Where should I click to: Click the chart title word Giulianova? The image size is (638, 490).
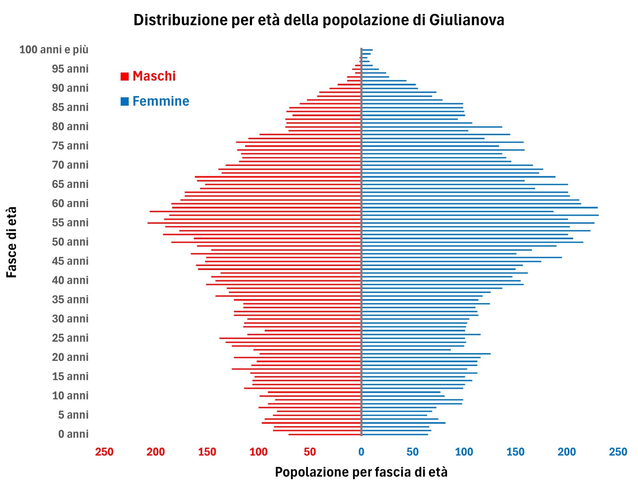click(467, 20)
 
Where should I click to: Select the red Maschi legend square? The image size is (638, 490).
click(125, 76)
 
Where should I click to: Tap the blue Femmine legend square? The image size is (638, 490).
click(125, 101)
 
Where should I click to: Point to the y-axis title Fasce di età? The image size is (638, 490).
click(12, 242)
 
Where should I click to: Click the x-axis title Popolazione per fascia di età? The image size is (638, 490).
click(361, 472)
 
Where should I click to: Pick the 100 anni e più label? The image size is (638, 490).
click(54, 49)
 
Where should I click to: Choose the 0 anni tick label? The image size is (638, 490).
click(73, 434)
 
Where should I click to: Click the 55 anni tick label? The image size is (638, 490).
click(70, 222)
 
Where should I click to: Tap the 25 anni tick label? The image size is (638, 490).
click(70, 338)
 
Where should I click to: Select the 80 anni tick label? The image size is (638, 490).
click(70, 126)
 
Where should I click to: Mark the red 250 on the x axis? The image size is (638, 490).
click(104, 452)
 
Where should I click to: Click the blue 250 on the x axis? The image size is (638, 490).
click(618, 452)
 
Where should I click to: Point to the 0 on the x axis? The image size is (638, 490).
click(361, 452)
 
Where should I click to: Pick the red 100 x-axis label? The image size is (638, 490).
click(258, 452)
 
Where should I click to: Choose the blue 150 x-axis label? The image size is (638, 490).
click(515, 452)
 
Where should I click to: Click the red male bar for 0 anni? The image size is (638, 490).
click(325, 434)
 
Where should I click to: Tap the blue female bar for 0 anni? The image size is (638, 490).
click(395, 434)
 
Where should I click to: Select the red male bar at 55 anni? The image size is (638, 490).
click(255, 223)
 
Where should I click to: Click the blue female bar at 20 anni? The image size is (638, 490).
click(425, 354)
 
